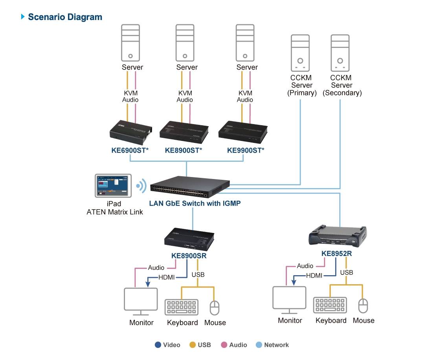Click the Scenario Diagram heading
coord(65,17)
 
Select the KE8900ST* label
coord(184,150)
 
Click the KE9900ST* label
coord(246,150)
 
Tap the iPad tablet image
coord(112,186)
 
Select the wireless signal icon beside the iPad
coord(140,186)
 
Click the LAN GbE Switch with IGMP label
coord(195,203)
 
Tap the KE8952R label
coord(336,254)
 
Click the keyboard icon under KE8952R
coord(330,305)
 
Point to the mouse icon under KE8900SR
coord(214,308)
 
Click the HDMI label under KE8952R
coord(314,276)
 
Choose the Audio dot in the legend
coord(224,345)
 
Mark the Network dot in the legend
coord(259,345)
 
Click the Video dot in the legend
coord(158,345)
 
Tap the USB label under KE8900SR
coord(198,274)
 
